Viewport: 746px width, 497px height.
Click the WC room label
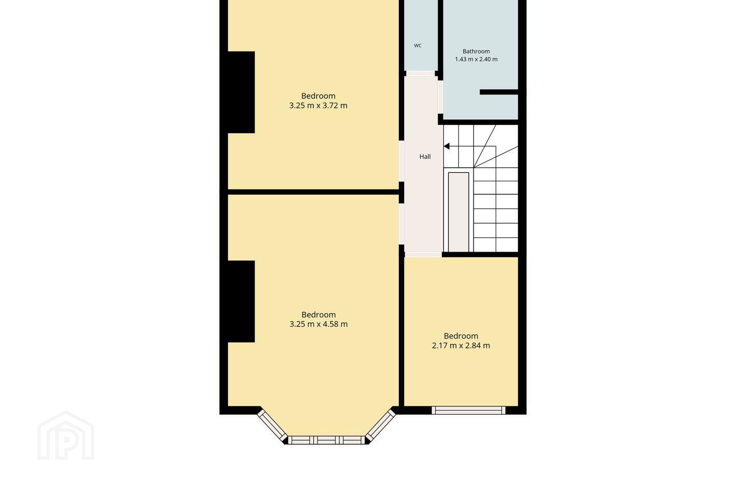(x=418, y=45)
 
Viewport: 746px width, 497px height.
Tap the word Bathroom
(x=476, y=51)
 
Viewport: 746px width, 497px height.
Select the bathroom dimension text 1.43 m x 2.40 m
(x=476, y=59)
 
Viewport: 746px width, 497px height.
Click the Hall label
(x=425, y=156)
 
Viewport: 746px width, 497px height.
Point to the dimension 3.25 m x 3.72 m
(x=319, y=106)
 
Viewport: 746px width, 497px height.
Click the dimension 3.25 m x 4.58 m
(x=319, y=324)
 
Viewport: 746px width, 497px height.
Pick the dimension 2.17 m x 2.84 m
(x=461, y=345)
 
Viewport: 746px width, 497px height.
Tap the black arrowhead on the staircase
(x=447, y=146)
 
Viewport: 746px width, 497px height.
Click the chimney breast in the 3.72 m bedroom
(x=241, y=92)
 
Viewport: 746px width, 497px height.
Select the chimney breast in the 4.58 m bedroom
(x=241, y=301)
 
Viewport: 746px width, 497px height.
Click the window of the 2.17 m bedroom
(x=468, y=410)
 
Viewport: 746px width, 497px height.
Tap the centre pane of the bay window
(x=326, y=440)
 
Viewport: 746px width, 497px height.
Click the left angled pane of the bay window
(x=272, y=426)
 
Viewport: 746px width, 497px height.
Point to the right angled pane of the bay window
(x=381, y=426)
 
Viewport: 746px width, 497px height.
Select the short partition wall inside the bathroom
(x=499, y=92)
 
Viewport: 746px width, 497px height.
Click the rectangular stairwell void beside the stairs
(x=458, y=212)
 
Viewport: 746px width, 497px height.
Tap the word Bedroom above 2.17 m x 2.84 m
(x=461, y=336)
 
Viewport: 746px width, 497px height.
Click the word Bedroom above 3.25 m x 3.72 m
(x=319, y=96)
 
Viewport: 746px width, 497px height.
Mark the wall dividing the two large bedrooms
(x=313, y=192)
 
